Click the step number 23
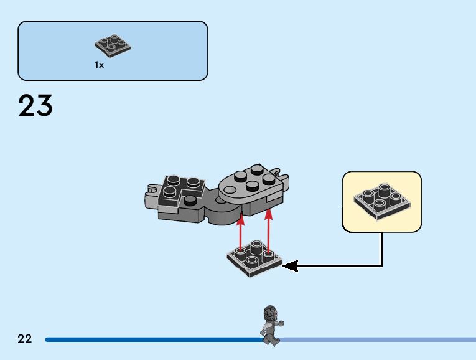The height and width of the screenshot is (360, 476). click(35, 106)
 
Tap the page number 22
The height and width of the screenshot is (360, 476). click(25, 339)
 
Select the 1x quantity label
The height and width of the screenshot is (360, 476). click(99, 65)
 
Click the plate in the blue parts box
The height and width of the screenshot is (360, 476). click(113, 45)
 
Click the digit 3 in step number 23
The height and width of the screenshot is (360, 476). click(44, 106)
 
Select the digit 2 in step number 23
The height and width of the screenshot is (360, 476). click(27, 106)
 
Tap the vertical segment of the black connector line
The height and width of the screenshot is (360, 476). click(381, 249)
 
